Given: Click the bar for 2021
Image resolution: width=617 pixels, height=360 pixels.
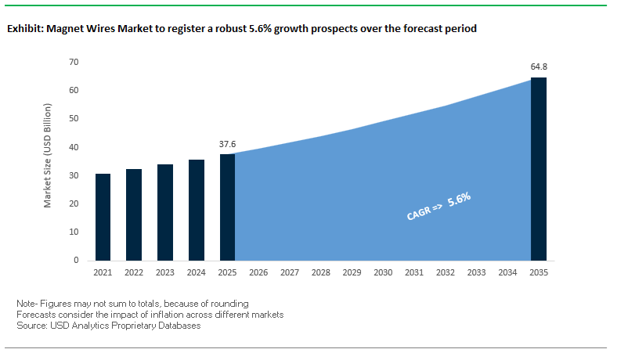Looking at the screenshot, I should (103, 217).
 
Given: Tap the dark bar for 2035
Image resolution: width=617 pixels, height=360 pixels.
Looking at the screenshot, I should (538, 169).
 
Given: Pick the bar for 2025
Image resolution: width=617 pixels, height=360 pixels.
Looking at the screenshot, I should (227, 207).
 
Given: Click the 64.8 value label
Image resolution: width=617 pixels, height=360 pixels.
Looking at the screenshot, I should (539, 67).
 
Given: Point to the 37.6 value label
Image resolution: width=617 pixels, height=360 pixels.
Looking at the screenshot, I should (227, 144).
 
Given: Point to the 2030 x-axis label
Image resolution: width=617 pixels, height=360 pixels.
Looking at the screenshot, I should (383, 272).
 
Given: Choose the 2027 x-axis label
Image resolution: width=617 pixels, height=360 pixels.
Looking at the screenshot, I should (290, 272).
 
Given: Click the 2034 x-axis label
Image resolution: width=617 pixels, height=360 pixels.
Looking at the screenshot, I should (507, 272).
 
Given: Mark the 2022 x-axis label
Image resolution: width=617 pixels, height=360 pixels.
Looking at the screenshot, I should (134, 272).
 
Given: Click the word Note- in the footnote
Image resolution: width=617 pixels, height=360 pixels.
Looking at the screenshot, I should (28, 303).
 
